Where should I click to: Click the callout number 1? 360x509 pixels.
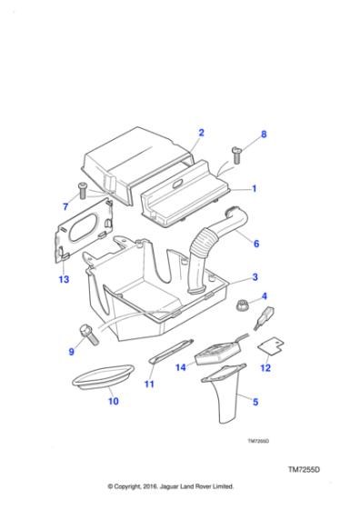(x=255, y=189)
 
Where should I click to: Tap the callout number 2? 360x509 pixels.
(x=201, y=134)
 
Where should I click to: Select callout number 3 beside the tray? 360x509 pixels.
(x=255, y=276)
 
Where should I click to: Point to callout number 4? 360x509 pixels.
(x=264, y=296)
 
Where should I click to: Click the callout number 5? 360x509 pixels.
(x=255, y=400)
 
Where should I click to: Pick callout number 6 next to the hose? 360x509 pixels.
(x=255, y=244)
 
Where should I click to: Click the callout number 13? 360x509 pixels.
(x=63, y=278)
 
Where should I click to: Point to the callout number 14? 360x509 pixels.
(x=180, y=367)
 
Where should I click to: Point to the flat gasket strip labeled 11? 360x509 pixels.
(x=173, y=353)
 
